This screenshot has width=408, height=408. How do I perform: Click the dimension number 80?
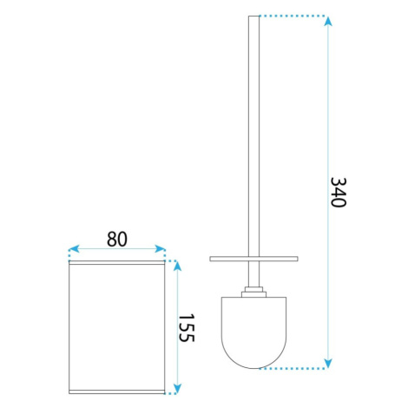tap(117, 240)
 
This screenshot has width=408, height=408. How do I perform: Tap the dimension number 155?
tap(186, 327)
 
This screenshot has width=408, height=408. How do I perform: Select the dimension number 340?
tap(339, 192)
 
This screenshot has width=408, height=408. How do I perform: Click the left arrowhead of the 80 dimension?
tap(74, 248)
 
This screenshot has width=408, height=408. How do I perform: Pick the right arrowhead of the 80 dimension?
tap(160, 248)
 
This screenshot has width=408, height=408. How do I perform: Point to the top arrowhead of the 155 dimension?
tap(177, 266)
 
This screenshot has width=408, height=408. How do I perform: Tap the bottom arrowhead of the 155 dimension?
tap(177, 388)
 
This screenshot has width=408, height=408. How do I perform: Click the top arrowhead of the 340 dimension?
tap(328, 22)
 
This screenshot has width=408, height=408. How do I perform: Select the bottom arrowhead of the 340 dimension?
tap(328, 363)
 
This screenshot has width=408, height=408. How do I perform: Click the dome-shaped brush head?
tap(253, 332)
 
